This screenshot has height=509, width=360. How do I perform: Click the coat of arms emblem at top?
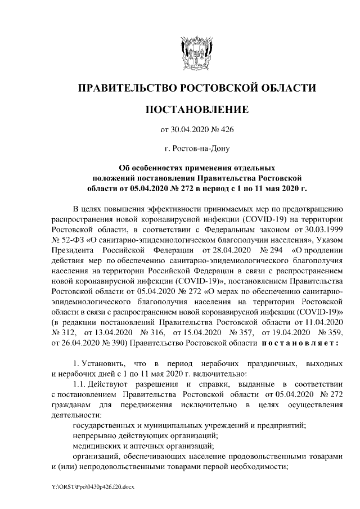click(x=196, y=53)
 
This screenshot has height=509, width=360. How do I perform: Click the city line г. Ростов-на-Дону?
click(x=196, y=149)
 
